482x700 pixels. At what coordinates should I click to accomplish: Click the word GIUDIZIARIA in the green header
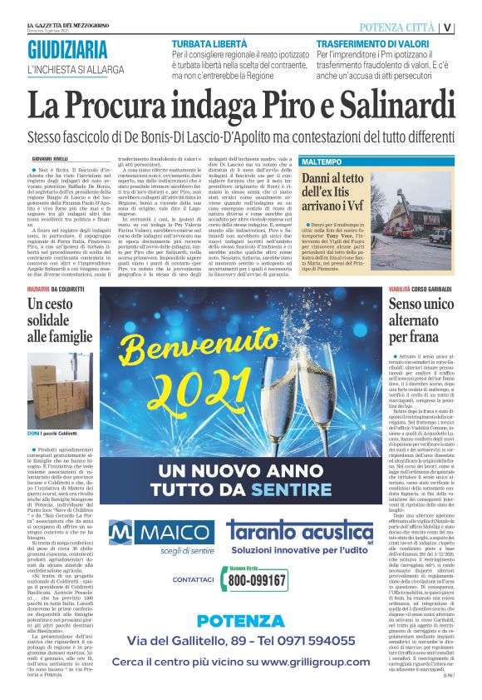67,48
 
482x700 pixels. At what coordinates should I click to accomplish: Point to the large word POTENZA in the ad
241,619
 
